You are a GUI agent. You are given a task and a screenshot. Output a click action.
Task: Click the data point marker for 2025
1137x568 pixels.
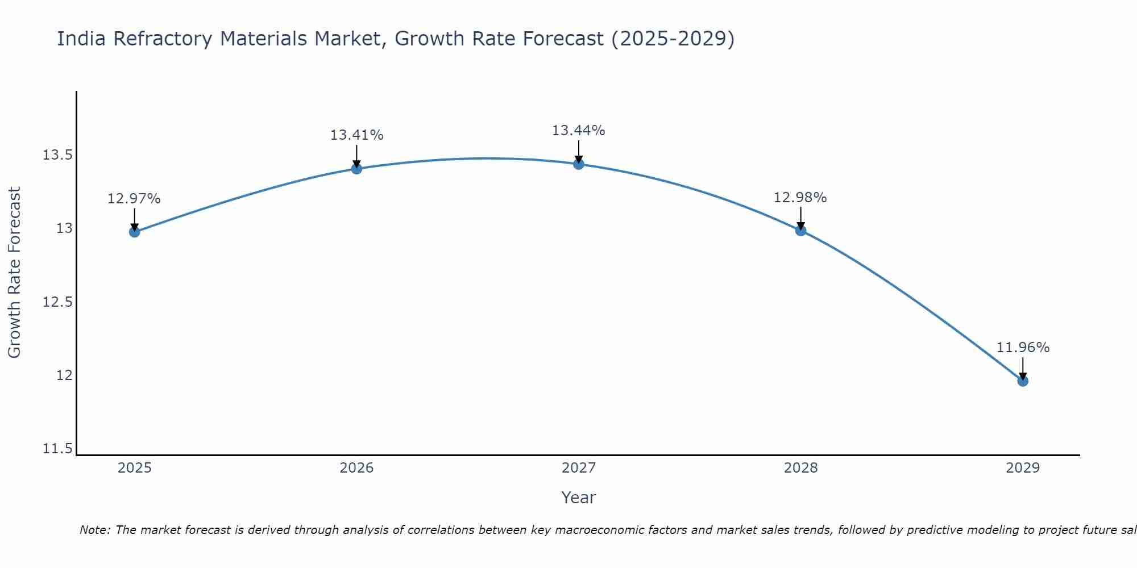134,232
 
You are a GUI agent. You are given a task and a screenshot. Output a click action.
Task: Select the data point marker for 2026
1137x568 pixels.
356,168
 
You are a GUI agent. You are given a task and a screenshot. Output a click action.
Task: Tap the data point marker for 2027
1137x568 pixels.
579,164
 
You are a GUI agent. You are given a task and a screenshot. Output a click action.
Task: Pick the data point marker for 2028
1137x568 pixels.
800,230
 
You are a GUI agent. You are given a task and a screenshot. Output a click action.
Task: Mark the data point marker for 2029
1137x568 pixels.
1023,381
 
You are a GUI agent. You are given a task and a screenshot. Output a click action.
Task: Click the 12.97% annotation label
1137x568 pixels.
134,199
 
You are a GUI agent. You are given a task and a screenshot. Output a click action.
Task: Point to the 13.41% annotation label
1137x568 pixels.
356,135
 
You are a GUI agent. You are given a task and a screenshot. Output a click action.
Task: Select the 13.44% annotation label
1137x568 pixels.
579,131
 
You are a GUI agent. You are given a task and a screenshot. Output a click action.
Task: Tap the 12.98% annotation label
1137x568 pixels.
800,198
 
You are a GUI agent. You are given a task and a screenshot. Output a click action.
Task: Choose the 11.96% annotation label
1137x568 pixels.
1023,348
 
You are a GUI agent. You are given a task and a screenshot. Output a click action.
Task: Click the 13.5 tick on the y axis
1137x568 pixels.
57,155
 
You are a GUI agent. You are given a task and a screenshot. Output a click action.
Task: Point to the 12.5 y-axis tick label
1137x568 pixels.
57,302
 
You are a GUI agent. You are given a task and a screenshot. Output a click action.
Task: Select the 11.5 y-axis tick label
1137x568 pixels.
57,449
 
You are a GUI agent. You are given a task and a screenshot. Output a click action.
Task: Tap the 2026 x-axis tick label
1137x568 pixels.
356,468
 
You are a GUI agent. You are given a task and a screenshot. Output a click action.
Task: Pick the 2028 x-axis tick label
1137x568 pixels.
800,468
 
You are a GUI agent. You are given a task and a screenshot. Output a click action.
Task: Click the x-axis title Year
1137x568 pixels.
579,498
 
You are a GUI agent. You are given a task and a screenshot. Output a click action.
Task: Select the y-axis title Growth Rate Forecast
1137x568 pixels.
15,273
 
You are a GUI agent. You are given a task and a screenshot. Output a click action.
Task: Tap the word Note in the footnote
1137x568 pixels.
95,530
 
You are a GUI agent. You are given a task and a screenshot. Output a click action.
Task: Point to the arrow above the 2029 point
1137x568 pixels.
1023,368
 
